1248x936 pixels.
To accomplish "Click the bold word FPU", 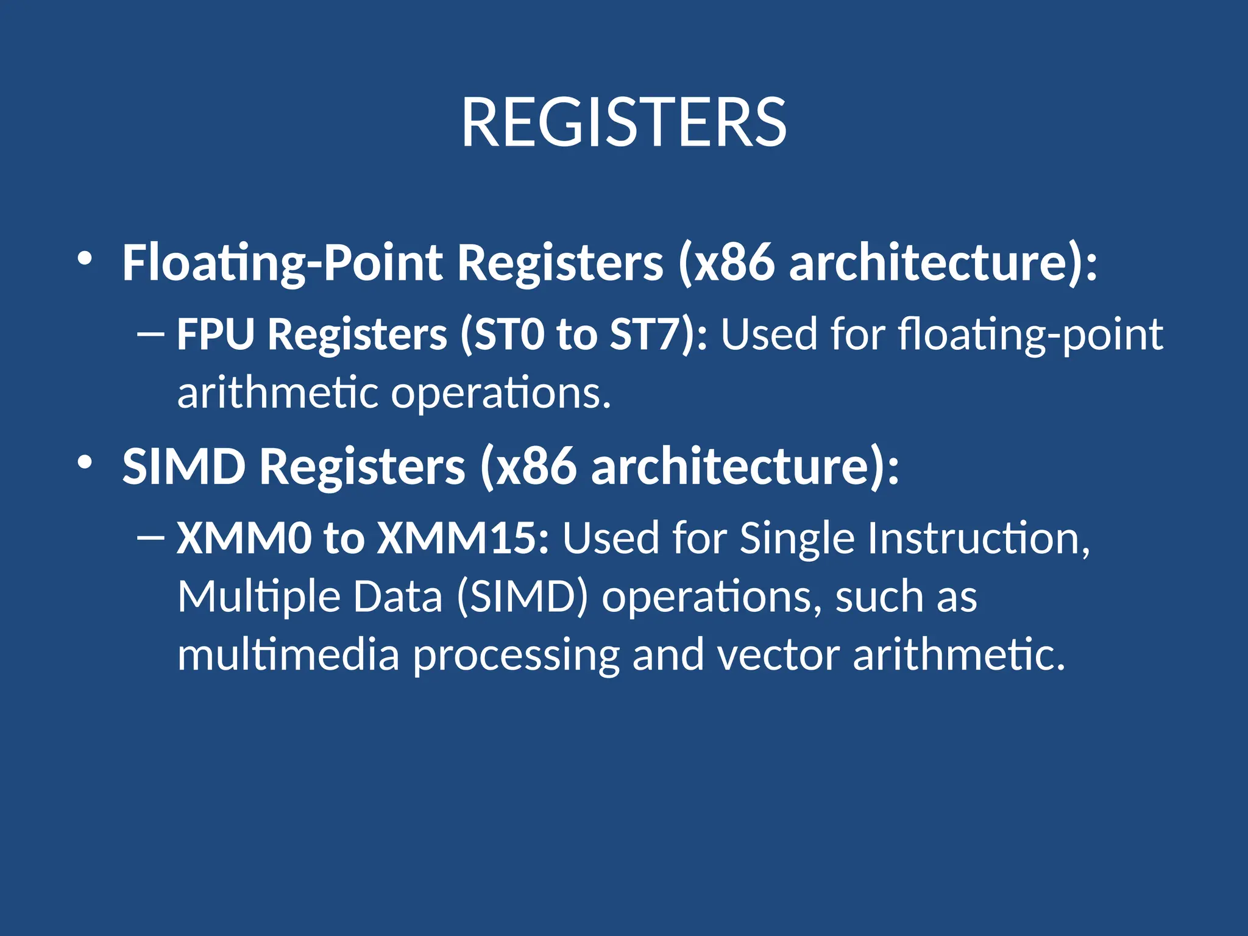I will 215,335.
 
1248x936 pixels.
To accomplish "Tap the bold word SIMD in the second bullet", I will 183,467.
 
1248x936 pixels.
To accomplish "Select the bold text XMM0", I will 244,538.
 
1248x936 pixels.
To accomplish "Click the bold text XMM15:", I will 463,538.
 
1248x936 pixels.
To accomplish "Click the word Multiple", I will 258,597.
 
